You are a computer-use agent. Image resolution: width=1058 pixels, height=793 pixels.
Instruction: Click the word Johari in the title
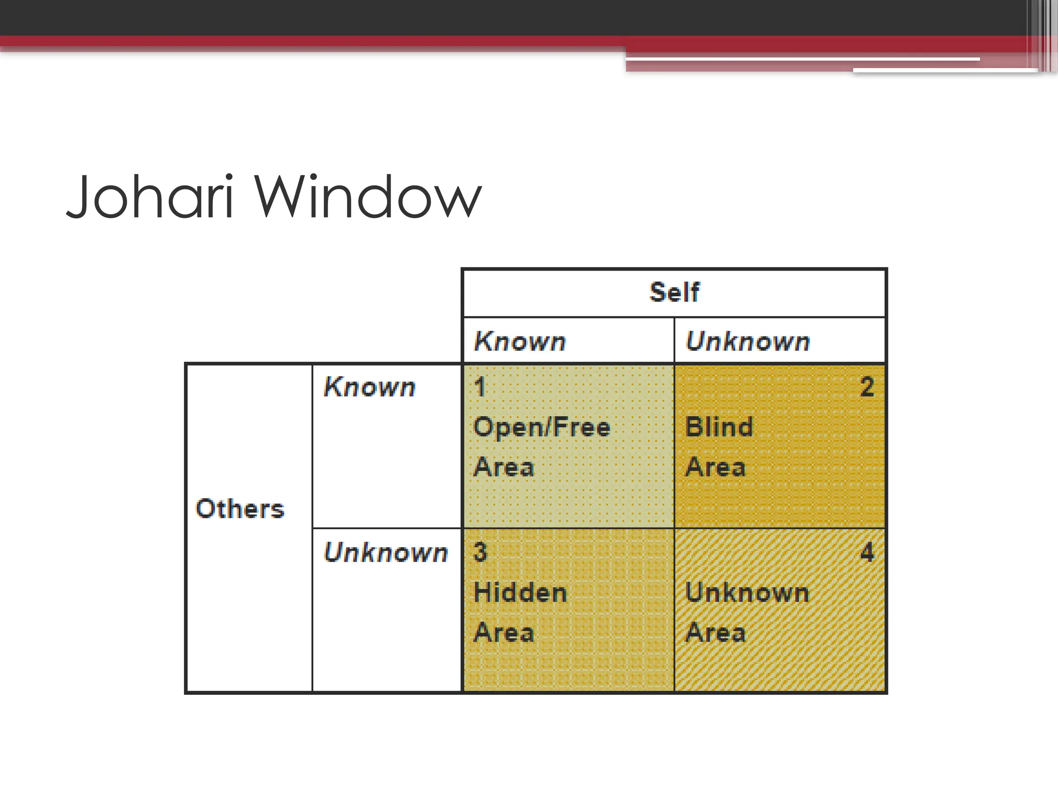[150, 197]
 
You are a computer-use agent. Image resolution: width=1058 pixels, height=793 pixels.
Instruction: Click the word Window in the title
[368, 197]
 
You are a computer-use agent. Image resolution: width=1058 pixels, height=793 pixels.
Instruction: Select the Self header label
[674, 292]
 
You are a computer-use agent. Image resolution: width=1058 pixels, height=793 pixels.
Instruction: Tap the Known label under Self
[520, 341]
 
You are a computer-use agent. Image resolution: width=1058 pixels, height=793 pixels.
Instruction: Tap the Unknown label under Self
[748, 341]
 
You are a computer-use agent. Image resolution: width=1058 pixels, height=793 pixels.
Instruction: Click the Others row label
[240, 509]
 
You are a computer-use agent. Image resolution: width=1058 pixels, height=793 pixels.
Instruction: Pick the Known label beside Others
[369, 387]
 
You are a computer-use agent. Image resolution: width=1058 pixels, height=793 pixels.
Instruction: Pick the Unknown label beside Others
[385, 552]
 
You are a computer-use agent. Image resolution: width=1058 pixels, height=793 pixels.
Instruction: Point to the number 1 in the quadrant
[480, 387]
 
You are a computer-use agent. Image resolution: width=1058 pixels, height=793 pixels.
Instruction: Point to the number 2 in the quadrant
[867, 387]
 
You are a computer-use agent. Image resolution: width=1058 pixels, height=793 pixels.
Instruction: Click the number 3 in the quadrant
[480, 552]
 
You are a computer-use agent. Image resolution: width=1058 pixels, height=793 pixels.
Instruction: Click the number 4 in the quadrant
[867, 552]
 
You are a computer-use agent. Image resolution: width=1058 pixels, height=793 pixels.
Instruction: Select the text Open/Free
[542, 427]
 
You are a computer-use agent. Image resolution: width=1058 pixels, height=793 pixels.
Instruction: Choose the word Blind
[719, 427]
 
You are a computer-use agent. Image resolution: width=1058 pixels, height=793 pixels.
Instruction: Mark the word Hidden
[520, 592]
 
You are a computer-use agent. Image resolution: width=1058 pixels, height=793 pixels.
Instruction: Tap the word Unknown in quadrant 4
[747, 592]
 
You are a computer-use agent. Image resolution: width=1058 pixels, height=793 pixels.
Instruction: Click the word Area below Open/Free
[504, 467]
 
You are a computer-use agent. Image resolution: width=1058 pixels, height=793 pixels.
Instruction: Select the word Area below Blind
[715, 467]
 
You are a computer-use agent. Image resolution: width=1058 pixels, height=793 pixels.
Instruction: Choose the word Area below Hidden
[504, 632]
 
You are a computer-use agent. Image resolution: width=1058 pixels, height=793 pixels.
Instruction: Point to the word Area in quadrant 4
[715, 632]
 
